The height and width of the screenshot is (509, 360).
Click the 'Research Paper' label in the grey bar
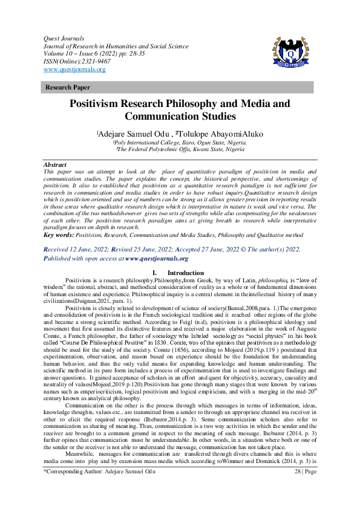point(65,88)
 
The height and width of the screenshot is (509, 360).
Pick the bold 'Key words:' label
point(62,233)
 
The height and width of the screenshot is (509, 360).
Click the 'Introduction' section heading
point(186,273)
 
